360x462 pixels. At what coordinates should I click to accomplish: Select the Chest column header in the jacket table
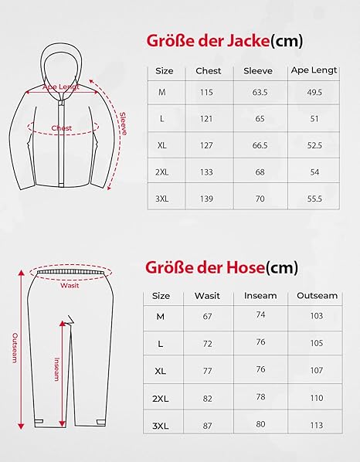[x=209, y=70]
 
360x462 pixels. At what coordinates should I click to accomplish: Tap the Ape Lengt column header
[x=314, y=70]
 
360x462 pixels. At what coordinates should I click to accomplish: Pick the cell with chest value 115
[x=206, y=93]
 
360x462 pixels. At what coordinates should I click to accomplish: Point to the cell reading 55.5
[x=314, y=198]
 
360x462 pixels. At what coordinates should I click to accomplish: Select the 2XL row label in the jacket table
[x=162, y=172]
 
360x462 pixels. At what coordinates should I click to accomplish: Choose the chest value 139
[x=206, y=199]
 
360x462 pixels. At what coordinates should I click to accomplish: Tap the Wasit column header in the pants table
[x=207, y=296]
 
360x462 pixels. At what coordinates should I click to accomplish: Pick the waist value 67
[x=207, y=317]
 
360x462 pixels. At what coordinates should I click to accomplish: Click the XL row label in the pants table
[x=161, y=370]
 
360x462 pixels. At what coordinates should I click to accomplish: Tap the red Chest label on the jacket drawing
[x=62, y=128]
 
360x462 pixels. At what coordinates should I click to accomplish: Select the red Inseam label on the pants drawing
[x=56, y=370]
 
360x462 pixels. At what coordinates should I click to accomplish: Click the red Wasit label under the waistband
[x=70, y=285]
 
